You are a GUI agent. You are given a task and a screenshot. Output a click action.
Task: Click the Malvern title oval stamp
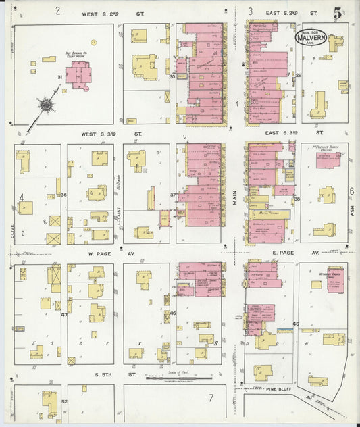coord(311,37)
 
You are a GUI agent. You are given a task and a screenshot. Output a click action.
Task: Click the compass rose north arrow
coord(45,105)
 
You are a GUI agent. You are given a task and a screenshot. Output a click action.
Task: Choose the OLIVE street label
coord(12,232)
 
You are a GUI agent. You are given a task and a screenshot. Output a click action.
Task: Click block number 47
coord(64,315)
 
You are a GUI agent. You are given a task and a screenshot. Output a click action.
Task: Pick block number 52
coord(64,402)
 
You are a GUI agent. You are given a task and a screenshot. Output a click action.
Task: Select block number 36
coord(63,195)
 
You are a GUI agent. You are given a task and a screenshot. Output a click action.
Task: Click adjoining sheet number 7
coord(210,398)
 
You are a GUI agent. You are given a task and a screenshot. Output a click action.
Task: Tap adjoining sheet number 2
coord(58,11)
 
